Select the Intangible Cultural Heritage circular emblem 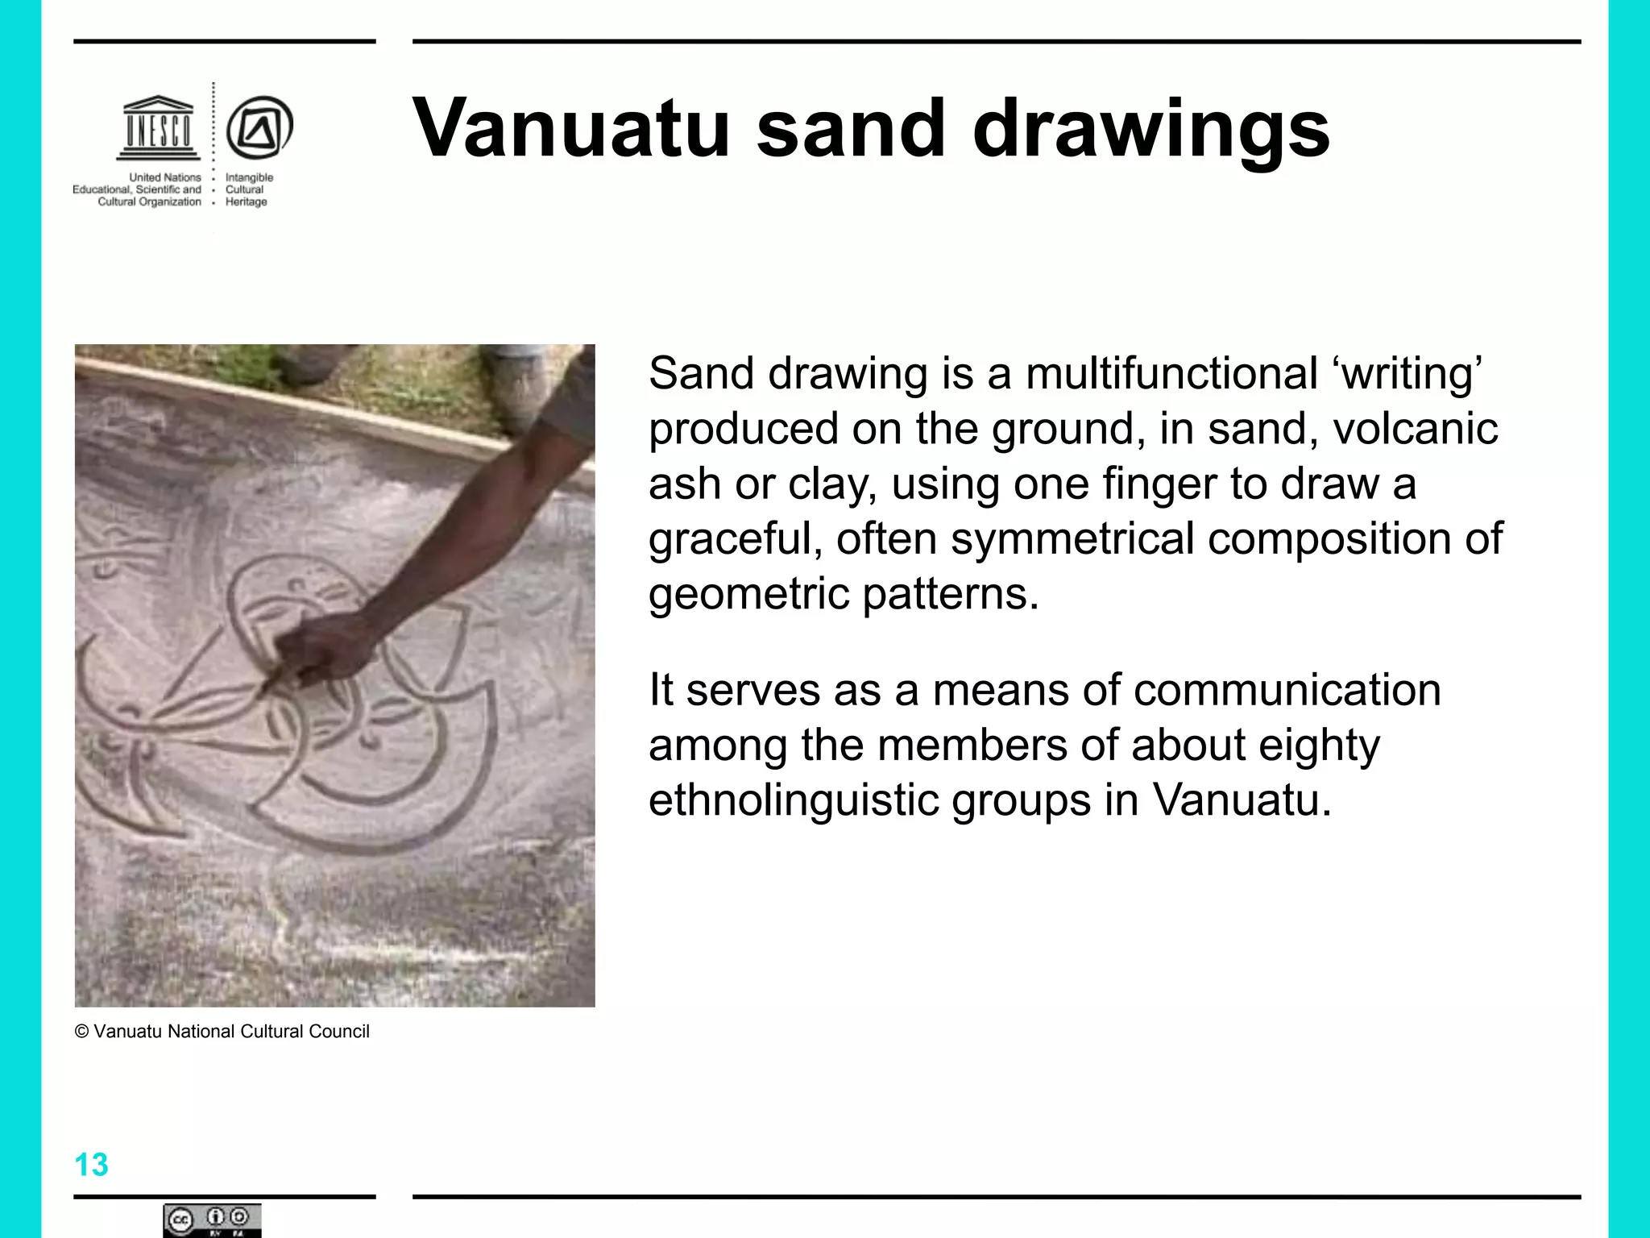[259, 127]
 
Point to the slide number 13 [91, 1165]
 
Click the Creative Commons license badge [212, 1220]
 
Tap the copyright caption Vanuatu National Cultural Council [222, 1032]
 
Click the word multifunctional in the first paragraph [1171, 374]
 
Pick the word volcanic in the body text [1415, 429]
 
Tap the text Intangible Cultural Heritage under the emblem [248, 189]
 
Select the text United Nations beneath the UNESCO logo [165, 177]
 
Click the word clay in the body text [831, 484]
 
